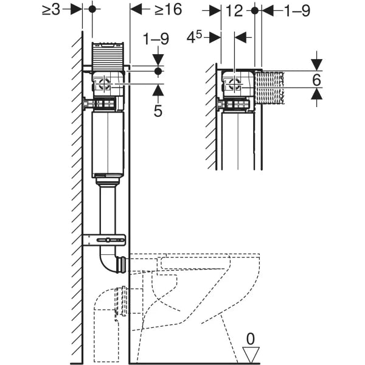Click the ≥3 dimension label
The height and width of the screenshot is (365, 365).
tap(52, 9)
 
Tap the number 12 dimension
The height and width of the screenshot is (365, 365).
tap(234, 10)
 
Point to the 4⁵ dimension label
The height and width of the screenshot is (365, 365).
tap(195, 37)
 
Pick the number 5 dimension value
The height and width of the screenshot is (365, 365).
tap(158, 111)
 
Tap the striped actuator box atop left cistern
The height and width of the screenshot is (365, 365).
tap(108, 56)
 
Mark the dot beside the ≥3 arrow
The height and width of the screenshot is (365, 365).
tap(92, 9)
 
